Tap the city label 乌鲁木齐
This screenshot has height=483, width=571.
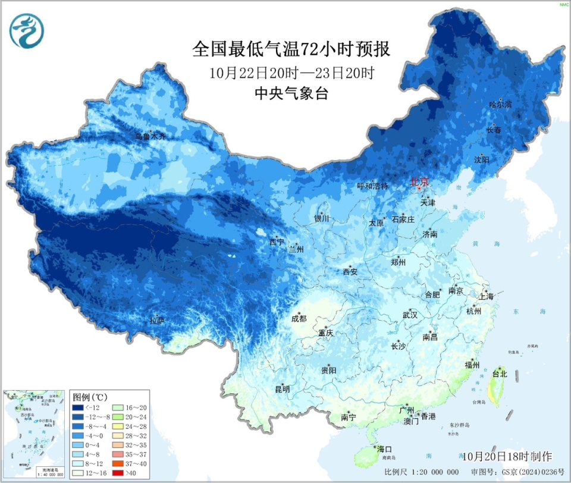pyautogui.click(x=150, y=136)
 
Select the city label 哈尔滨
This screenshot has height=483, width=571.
pyautogui.click(x=500, y=105)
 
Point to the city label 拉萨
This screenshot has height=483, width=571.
pyautogui.click(x=157, y=321)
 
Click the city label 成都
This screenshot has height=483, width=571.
pyautogui.click(x=299, y=318)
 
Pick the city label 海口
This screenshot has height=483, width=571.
pyautogui.click(x=384, y=448)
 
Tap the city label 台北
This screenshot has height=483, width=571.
pyautogui.click(x=499, y=374)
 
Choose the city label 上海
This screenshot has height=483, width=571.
pyautogui.click(x=486, y=296)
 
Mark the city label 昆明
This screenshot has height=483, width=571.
pyautogui.click(x=282, y=390)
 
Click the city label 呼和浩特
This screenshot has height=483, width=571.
pyautogui.click(x=372, y=186)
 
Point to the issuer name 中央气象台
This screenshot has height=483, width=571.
pyautogui.click(x=291, y=93)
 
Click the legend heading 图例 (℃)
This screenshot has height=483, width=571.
pyautogui.click(x=90, y=397)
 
